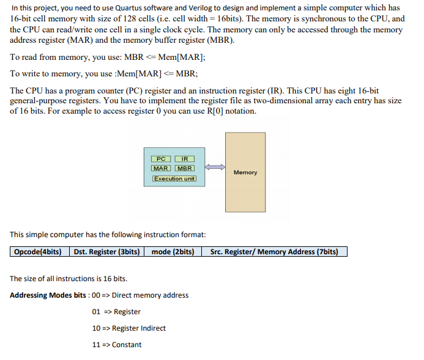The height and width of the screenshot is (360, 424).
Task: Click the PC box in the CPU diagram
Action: coord(162,159)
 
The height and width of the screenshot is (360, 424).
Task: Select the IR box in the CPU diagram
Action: coord(185,159)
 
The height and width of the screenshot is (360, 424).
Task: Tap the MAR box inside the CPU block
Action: coord(162,168)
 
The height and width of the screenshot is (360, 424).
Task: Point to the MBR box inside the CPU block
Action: coord(185,168)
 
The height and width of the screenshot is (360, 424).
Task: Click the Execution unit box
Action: coord(174,178)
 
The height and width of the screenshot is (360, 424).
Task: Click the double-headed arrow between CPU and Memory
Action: coord(214,167)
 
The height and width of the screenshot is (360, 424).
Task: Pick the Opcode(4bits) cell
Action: coord(37,252)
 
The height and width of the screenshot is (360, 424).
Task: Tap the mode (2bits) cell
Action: coord(173,252)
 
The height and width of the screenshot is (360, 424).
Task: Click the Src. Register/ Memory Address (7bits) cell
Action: coord(274,252)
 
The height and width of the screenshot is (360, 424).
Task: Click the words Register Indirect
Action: coord(139,328)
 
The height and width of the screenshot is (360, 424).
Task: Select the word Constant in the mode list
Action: coord(127,345)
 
